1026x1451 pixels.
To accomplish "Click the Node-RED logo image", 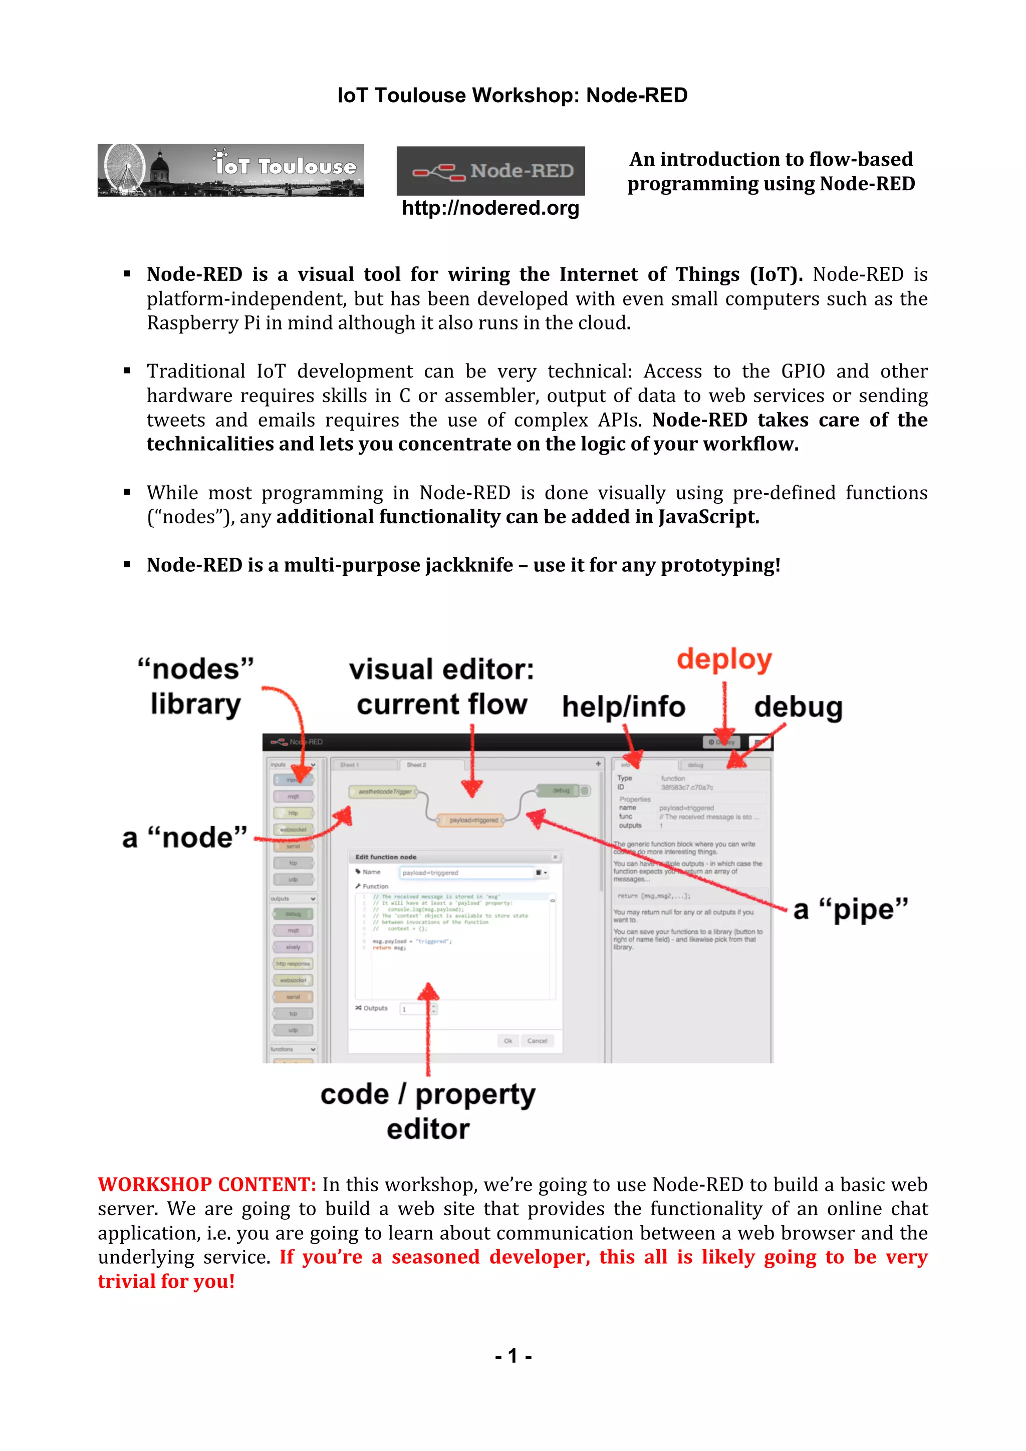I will pyautogui.click(x=490, y=171).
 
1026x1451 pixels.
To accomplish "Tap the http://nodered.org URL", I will pyautogui.click(x=490, y=208).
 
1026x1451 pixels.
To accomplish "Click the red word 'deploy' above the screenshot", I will pyautogui.click(x=724, y=659).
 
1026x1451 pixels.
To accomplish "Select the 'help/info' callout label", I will pyautogui.click(x=623, y=706).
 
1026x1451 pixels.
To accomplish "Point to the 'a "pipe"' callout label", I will pyautogui.click(x=850, y=909).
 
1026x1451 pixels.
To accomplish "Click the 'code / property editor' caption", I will pyautogui.click(x=428, y=1111).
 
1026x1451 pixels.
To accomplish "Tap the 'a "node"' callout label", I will pyautogui.click(x=184, y=837).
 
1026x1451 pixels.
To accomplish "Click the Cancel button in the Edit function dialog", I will pyautogui.click(x=537, y=1041).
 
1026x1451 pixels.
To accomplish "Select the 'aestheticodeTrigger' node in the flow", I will pyautogui.click(x=384, y=791).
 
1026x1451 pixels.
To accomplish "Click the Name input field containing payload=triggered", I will pyautogui.click(x=466, y=873).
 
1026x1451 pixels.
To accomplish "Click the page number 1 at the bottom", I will pyautogui.click(x=512, y=1355).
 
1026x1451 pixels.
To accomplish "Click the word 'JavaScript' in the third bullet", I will pyautogui.click(x=707, y=517).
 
